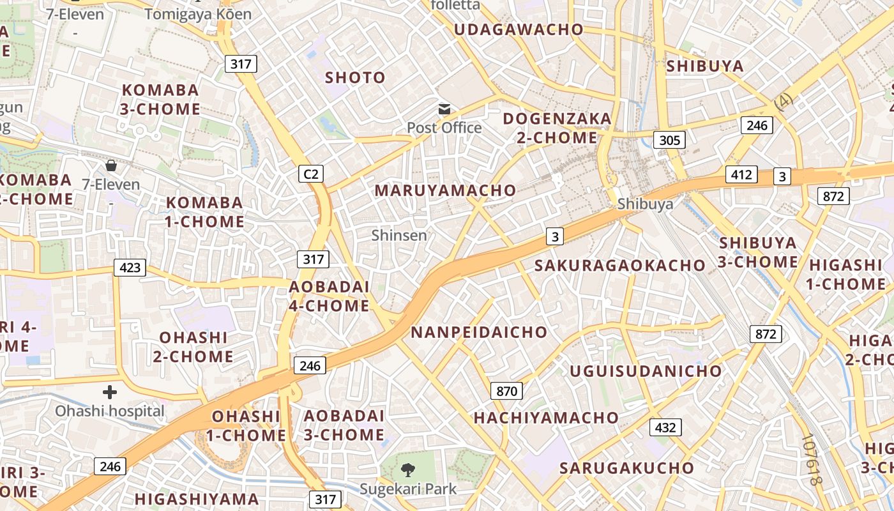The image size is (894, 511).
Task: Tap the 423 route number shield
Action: click(x=130, y=267)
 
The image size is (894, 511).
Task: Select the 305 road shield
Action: click(x=669, y=140)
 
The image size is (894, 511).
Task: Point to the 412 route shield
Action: click(x=741, y=174)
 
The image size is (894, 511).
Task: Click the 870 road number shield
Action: click(x=506, y=391)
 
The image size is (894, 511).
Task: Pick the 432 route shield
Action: click(x=665, y=427)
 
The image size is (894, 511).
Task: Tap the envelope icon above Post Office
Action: click(x=444, y=109)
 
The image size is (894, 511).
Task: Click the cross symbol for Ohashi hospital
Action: click(x=110, y=392)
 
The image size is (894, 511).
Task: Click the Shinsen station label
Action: click(x=399, y=235)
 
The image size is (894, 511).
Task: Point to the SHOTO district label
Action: click(x=356, y=78)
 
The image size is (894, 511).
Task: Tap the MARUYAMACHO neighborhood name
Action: click(x=445, y=190)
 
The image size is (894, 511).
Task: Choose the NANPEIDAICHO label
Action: click(x=479, y=332)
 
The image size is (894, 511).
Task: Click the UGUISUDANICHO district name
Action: click(x=646, y=371)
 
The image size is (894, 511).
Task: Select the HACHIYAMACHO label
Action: click(x=546, y=418)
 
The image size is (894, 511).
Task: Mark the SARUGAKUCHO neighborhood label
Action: click(x=626, y=468)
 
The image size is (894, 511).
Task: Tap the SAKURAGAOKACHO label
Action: click(x=620, y=265)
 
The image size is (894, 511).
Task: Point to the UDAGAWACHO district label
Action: click(x=519, y=29)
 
